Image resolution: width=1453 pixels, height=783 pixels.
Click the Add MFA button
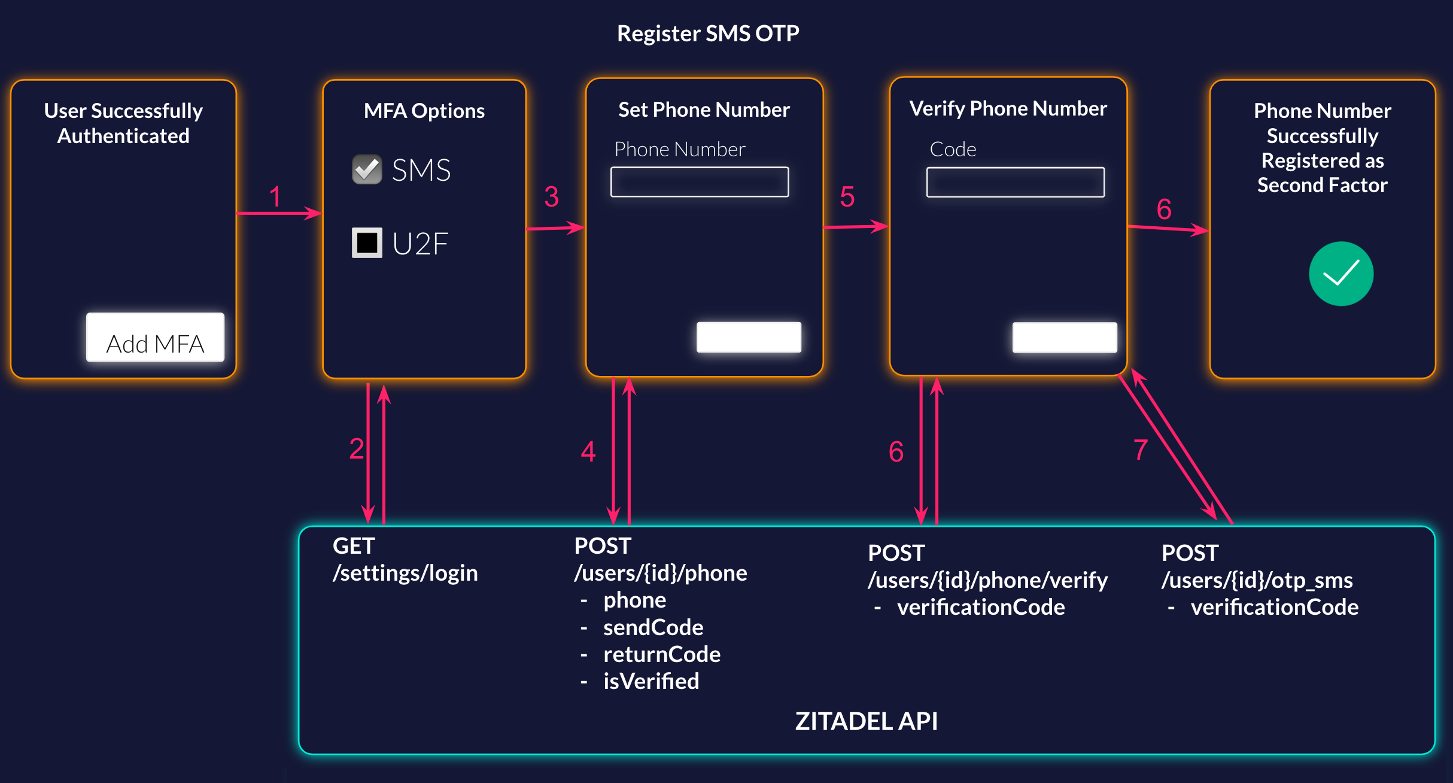(155, 338)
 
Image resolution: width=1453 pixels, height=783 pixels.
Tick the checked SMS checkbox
(367, 169)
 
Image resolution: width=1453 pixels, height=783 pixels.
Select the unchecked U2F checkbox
(367, 242)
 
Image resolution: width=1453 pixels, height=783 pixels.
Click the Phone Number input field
(699, 182)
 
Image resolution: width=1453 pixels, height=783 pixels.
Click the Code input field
(1015, 182)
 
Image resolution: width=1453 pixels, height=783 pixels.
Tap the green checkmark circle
(1340, 274)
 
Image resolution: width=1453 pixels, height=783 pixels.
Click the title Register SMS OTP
(708, 34)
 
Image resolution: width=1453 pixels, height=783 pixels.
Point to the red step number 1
(275, 197)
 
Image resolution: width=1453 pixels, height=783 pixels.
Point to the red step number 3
(551, 197)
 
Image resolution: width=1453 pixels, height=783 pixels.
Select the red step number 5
(847, 197)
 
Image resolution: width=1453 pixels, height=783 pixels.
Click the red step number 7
(1141, 450)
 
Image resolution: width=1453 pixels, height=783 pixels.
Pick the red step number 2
(357, 449)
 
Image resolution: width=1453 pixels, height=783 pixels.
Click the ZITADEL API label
(866, 721)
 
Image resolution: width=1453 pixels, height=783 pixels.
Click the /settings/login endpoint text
(405, 573)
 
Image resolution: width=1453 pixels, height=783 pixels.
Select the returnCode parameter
(661, 654)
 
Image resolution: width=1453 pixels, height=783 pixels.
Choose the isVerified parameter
(650, 681)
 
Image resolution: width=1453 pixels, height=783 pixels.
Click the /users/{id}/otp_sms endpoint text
(1257, 580)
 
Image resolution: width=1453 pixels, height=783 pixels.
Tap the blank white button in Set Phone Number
(749, 337)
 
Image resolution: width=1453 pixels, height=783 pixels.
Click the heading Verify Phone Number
(1008, 108)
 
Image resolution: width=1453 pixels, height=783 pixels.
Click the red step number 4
(588, 451)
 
